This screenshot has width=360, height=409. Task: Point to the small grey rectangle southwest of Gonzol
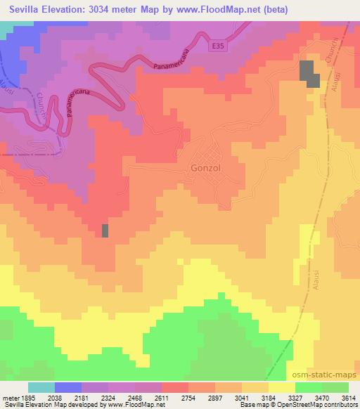pos(105,231)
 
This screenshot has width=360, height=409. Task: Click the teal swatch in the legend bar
pos(41,387)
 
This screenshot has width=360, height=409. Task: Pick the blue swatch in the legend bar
pos(67,387)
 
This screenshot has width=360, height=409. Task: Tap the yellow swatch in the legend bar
pos(281,387)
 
